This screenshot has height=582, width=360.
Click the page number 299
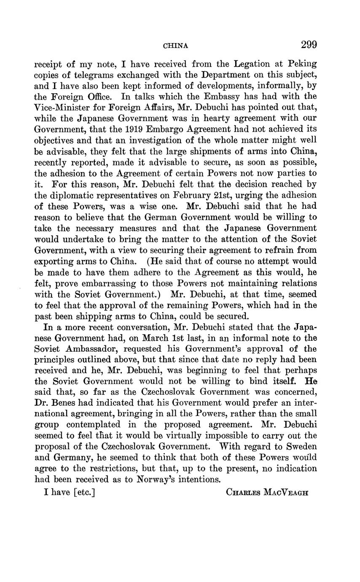point(309,45)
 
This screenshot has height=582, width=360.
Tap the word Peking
point(302,64)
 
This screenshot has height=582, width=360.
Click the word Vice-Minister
point(61,108)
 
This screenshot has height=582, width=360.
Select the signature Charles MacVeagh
point(267,492)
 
